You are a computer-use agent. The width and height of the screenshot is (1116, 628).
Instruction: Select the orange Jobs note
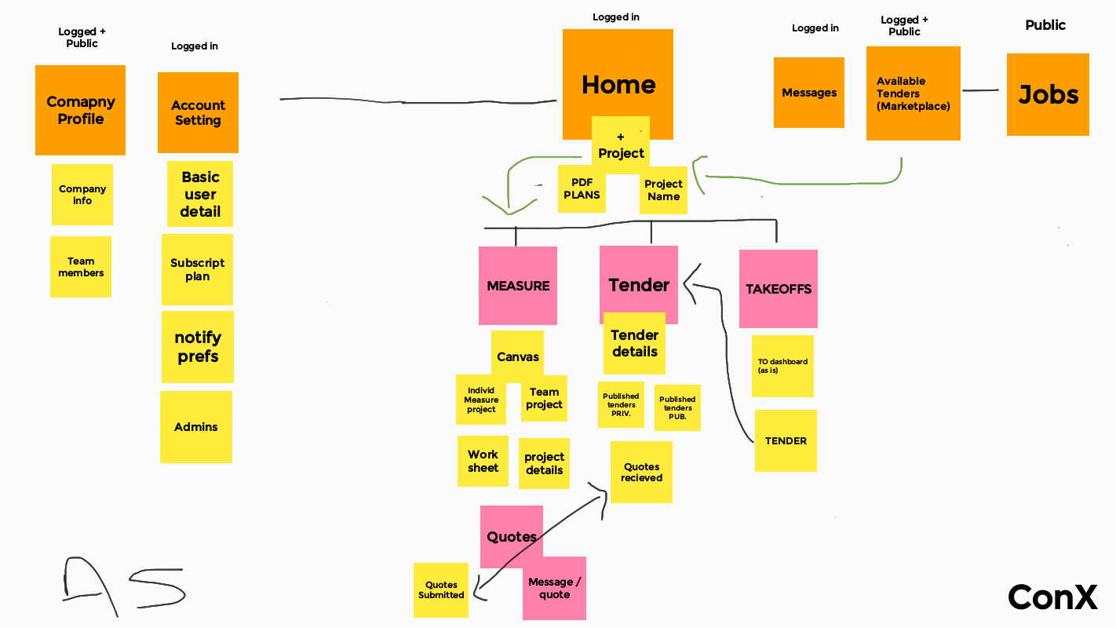(1048, 95)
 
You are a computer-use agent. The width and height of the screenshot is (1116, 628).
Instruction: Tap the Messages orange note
(809, 93)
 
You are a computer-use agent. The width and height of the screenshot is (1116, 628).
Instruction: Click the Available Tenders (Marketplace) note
(913, 93)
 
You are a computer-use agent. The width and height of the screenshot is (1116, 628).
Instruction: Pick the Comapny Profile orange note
(80, 110)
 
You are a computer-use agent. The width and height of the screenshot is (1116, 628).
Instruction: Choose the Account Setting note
(198, 112)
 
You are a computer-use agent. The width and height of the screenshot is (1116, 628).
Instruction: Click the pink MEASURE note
(518, 286)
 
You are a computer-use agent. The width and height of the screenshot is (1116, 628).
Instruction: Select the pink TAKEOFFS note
(778, 289)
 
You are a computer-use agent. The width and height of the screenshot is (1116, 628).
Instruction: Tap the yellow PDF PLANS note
(582, 188)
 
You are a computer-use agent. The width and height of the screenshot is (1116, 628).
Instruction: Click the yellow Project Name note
(664, 191)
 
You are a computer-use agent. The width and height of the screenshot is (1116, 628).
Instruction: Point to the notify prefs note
(198, 347)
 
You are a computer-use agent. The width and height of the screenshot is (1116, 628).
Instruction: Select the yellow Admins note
(196, 427)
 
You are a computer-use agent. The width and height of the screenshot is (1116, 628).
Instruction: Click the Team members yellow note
(81, 267)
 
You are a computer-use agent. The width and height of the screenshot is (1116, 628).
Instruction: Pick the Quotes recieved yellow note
(641, 472)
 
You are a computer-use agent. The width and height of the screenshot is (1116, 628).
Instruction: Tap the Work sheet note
(483, 461)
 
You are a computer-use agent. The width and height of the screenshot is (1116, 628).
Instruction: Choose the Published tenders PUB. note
(677, 408)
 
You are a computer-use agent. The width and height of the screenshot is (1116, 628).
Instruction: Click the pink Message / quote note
(555, 589)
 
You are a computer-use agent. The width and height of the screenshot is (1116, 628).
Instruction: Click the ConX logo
(1052, 597)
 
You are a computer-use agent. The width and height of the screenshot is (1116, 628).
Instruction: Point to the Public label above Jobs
(1045, 25)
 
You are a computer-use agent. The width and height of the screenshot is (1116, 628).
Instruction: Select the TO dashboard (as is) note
(782, 366)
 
